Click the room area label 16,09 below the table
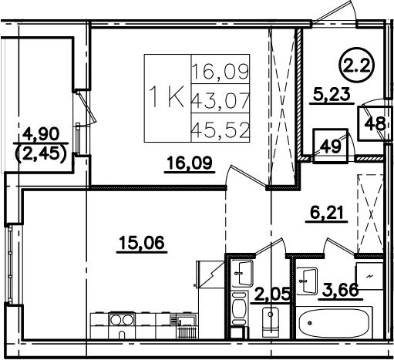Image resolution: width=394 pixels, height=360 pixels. pos(190,163)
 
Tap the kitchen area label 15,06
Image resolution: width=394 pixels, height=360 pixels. pos(142,243)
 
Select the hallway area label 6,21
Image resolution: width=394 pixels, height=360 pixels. pos(327,213)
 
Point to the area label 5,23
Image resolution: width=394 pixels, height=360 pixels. pos(332,94)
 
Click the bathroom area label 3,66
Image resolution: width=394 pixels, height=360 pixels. pos(341,291)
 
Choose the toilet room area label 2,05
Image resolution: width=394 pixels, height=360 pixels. pos(272,294)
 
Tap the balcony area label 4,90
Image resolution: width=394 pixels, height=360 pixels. pos(41,134)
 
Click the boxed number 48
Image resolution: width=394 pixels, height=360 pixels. pos(375,124)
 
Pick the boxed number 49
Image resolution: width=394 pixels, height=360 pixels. pos(331,146)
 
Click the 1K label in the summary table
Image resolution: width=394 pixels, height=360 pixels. pos(167,97)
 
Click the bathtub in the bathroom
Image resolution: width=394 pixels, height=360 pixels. pos(334,323)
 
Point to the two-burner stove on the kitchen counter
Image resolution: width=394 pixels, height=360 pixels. pos(122,320)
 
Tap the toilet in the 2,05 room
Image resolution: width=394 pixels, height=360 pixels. pos(270,322)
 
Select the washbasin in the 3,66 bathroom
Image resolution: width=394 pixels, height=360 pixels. pos(307,281)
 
